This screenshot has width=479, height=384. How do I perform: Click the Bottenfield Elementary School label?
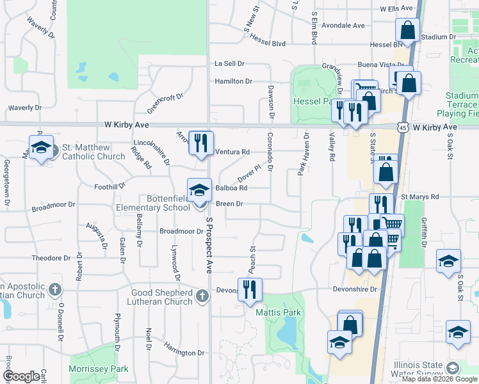[x=153, y=203]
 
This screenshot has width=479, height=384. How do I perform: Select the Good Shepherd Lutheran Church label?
[x=161, y=297]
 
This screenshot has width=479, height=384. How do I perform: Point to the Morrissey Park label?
[x=99, y=369]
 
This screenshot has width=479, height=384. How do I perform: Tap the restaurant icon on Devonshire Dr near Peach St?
[x=249, y=289]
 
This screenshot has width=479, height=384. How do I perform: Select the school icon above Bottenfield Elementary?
[x=199, y=190]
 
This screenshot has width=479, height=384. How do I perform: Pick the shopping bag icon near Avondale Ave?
[x=407, y=29]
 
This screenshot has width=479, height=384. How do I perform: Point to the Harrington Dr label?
[x=183, y=352]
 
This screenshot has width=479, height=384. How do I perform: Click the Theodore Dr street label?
[x=51, y=258]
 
